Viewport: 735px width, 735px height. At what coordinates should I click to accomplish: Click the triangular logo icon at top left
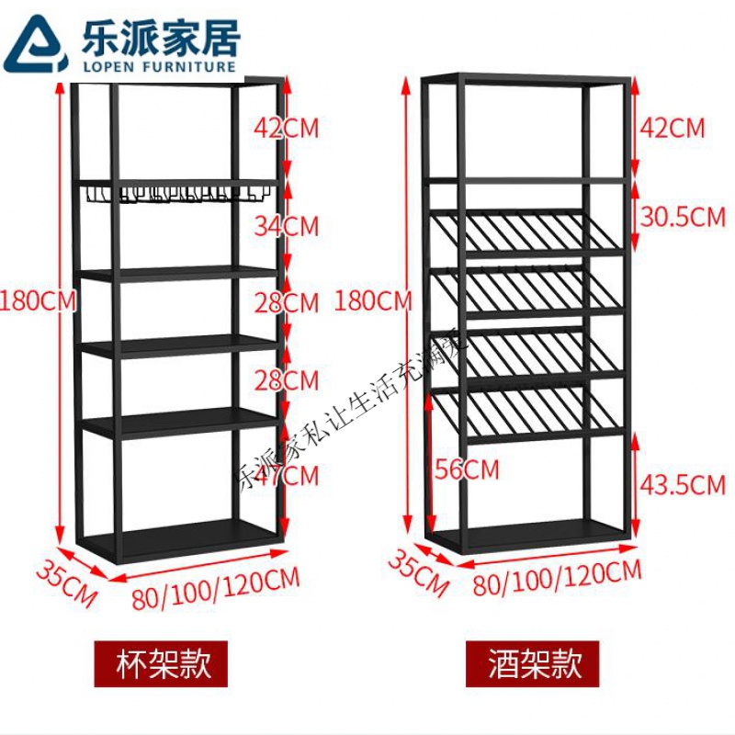pyautogui.click(x=34, y=43)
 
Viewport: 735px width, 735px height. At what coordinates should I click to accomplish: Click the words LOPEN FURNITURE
pyautogui.click(x=153, y=65)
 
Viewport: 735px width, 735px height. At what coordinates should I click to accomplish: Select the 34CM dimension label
pyautogui.click(x=287, y=225)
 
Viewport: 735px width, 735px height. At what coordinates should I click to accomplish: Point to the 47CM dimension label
pyautogui.click(x=287, y=476)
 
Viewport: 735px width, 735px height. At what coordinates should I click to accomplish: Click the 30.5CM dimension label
pyautogui.click(x=682, y=218)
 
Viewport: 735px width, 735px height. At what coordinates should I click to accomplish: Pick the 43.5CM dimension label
pyautogui.click(x=682, y=484)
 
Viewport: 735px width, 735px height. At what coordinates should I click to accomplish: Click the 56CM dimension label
pyautogui.click(x=467, y=469)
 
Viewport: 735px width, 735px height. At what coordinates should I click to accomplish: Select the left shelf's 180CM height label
pyautogui.click(x=38, y=300)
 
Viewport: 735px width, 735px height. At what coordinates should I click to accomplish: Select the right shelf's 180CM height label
pyautogui.click(x=373, y=300)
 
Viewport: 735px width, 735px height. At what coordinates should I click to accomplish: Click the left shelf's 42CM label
pyautogui.click(x=287, y=128)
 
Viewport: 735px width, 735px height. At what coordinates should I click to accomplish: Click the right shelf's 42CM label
pyautogui.click(x=672, y=128)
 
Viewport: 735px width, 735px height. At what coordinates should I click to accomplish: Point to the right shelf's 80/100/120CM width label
pyautogui.click(x=557, y=577)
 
